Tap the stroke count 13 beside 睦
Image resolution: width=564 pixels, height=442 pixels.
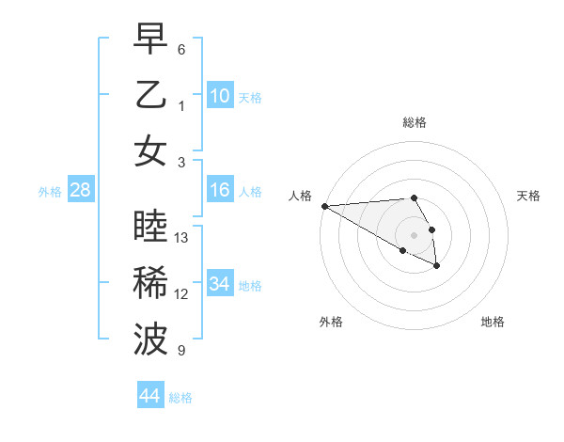coord(182,238)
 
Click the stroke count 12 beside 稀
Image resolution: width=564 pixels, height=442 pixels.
coord(182,294)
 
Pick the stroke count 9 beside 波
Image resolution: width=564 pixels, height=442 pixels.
coord(181,351)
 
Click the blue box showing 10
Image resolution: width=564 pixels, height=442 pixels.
coord(220,95)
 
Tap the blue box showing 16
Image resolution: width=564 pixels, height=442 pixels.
coord(220,190)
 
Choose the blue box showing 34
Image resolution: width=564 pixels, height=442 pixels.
coord(220,284)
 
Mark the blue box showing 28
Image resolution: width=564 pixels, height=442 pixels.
coord(80,190)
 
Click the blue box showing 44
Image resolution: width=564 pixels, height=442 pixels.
coord(149,396)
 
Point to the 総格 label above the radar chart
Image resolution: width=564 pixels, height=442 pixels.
coord(415,122)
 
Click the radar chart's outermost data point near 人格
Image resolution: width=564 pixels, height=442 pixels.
coord(323,206)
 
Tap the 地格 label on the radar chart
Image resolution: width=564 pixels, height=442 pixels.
coord(493,322)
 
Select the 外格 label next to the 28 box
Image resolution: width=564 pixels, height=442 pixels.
coord(50,192)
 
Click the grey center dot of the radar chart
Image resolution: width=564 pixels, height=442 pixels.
coord(415,234)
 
